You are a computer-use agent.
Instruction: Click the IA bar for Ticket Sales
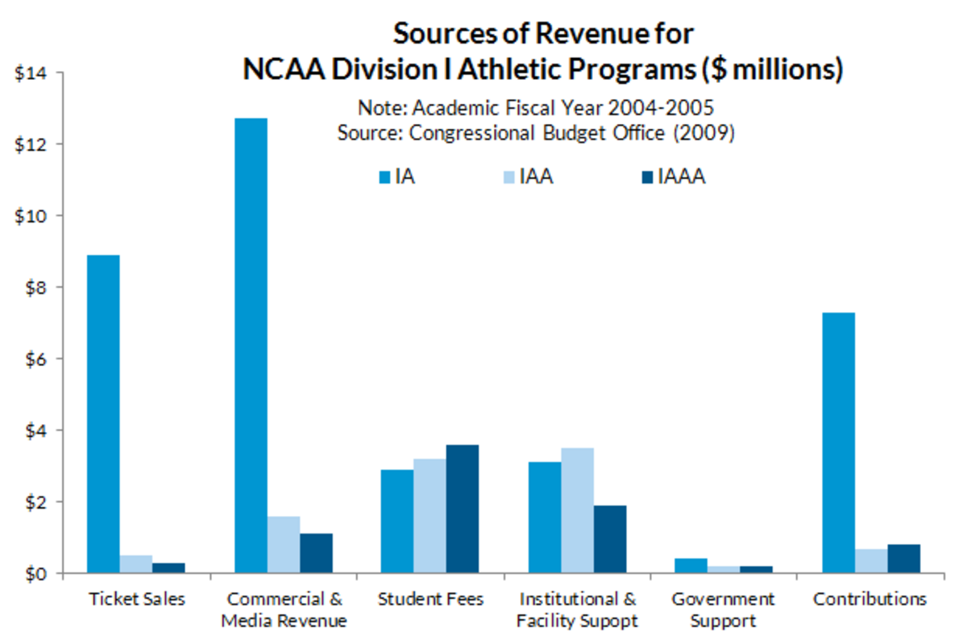pyautogui.click(x=103, y=414)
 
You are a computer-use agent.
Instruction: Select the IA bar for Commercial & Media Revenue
pyautogui.click(x=251, y=346)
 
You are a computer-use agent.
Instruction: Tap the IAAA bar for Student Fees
pyautogui.click(x=462, y=509)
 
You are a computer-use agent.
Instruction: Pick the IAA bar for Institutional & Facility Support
pyautogui.click(x=578, y=510)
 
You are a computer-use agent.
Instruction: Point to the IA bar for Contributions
pyautogui.click(x=838, y=442)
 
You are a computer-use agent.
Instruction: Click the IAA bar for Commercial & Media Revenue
pyautogui.click(x=283, y=544)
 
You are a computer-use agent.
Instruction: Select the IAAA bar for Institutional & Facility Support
pyautogui.click(x=610, y=539)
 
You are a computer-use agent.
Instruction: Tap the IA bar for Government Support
pyautogui.click(x=691, y=566)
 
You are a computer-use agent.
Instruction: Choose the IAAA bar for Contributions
pyautogui.click(x=903, y=559)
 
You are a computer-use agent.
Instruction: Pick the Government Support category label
pyautogui.click(x=724, y=609)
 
